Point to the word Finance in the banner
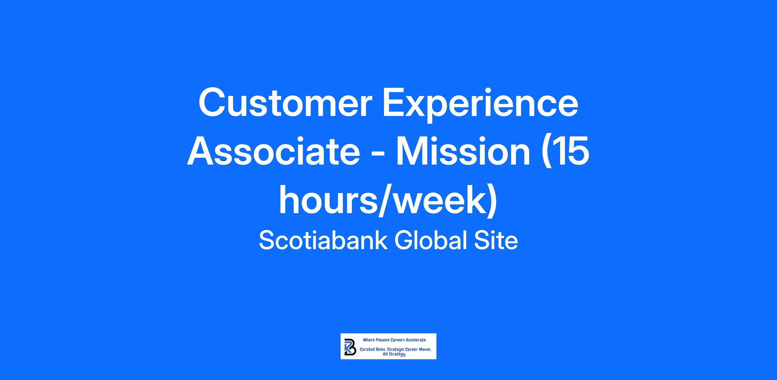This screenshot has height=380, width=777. click(382, 340)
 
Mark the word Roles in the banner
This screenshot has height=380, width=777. click(381, 350)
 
